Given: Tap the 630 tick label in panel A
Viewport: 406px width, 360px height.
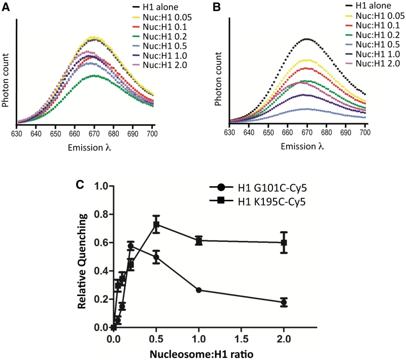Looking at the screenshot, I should pyautogui.click(x=17, y=134).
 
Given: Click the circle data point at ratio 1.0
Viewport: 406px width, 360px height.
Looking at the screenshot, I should pyautogui.click(x=199, y=290).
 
